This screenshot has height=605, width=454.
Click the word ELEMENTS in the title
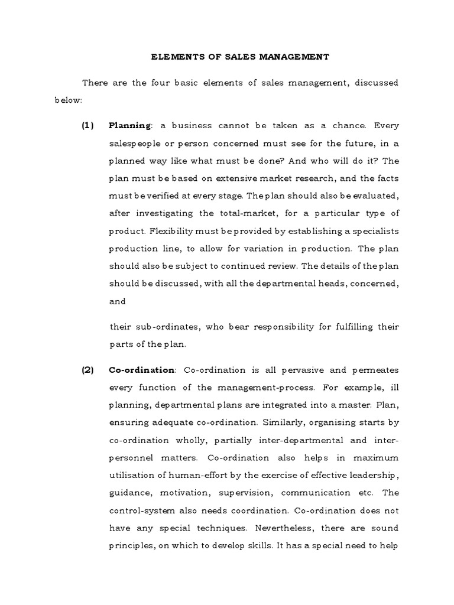point(171,57)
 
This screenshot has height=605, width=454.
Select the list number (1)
point(88,125)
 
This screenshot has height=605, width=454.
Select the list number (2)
point(88,370)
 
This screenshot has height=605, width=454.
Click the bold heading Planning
point(130,125)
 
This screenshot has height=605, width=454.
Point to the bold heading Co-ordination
point(142,370)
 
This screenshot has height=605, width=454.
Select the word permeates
point(374,370)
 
